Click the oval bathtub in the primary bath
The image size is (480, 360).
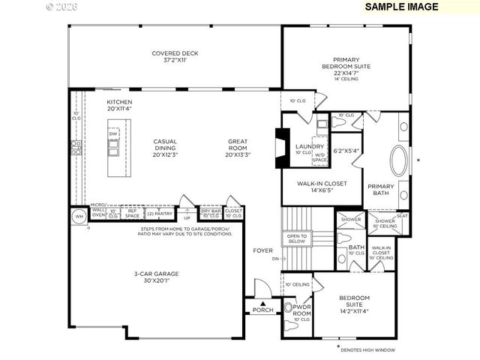click(398, 160)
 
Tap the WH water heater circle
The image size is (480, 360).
click(79, 217)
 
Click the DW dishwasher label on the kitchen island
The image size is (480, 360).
click(113, 135)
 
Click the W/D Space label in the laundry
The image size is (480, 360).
click(320, 158)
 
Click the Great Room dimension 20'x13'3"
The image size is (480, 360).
click(239, 154)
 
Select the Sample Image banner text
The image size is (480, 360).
click(401, 7)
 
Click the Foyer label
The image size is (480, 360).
click(262, 250)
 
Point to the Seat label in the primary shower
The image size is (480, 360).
click(402, 216)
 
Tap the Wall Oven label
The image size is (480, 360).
click(98, 213)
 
